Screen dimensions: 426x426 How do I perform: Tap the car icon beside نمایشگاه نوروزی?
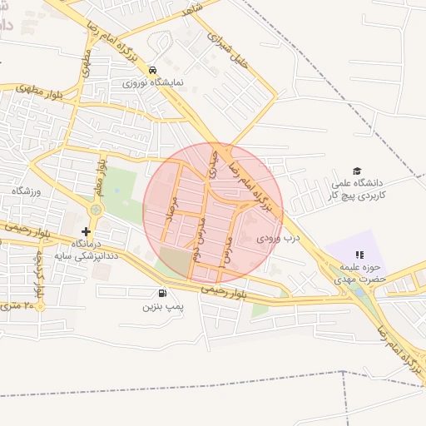pyautogui.click(x=152, y=70)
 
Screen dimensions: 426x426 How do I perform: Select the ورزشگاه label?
pyautogui.click(x=26, y=191)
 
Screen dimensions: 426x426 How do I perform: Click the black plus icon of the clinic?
pyautogui.click(x=86, y=230)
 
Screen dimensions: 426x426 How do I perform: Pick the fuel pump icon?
pyautogui.click(x=161, y=293)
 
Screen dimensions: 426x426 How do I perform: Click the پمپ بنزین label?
pyautogui.click(x=161, y=307)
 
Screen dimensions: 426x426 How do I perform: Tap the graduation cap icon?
pyautogui.click(x=357, y=171)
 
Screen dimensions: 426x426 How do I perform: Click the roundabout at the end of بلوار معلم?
pyautogui.click(x=96, y=210)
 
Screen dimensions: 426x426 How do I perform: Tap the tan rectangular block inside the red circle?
pyautogui.click(x=175, y=261)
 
